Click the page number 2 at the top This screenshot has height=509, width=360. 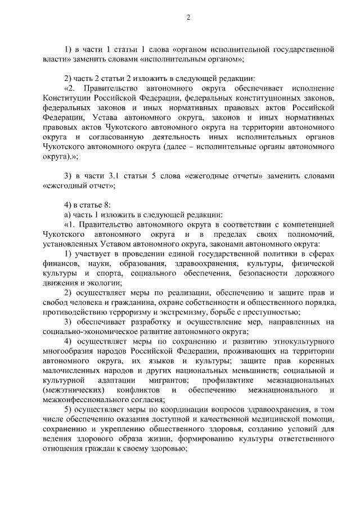pyautogui.click(x=188, y=17)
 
